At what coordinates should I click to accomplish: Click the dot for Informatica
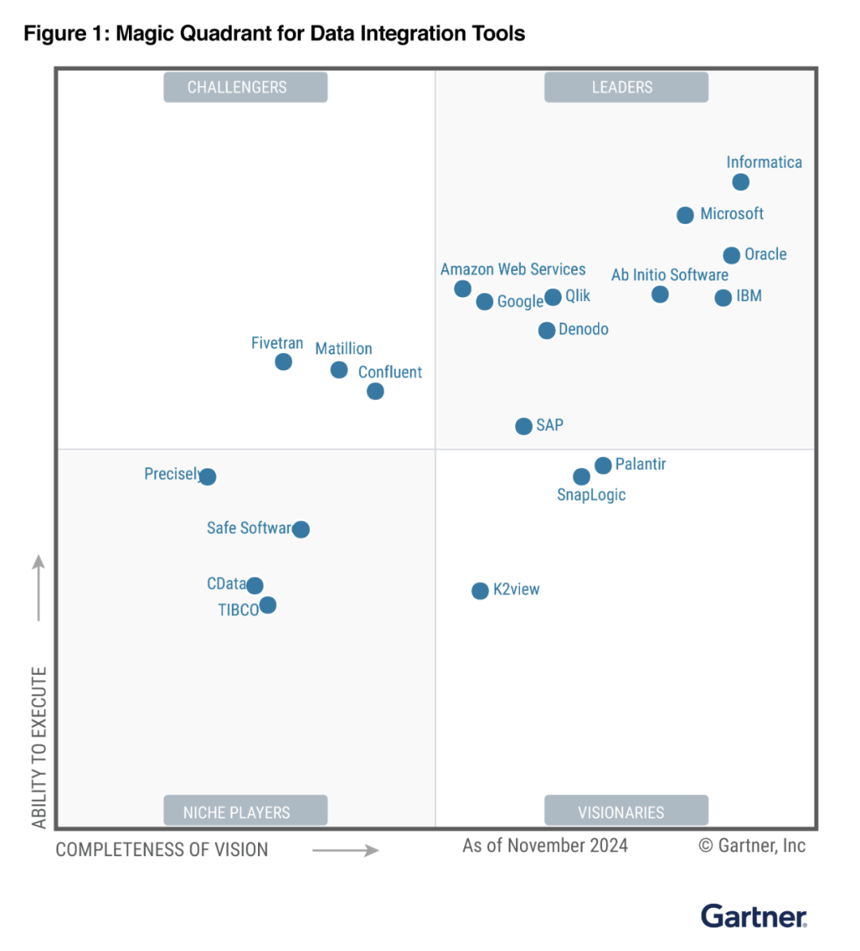pyautogui.click(x=741, y=182)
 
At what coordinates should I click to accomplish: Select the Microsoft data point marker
pyautogui.click(x=685, y=215)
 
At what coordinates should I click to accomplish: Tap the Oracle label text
pyautogui.click(x=765, y=255)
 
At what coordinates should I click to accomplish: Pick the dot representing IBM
pyautogui.click(x=723, y=298)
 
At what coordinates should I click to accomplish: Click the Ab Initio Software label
pyautogui.click(x=670, y=275)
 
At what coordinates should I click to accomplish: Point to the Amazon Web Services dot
pyautogui.click(x=463, y=289)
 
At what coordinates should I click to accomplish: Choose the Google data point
pyautogui.click(x=484, y=302)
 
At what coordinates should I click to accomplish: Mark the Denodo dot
pyautogui.click(x=546, y=331)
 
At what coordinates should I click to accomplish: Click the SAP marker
pyautogui.click(x=523, y=426)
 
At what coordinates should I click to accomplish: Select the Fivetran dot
pyautogui.click(x=283, y=362)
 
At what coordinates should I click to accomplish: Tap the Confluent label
pyautogui.click(x=390, y=372)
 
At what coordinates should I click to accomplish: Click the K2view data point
pyautogui.click(x=480, y=591)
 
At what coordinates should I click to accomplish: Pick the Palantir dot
pyautogui.click(x=603, y=465)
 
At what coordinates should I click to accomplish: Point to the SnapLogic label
pyautogui.click(x=591, y=495)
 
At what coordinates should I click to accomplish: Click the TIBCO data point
pyautogui.click(x=268, y=605)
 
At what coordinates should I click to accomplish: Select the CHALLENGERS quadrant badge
pyautogui.click(x=245, y=88)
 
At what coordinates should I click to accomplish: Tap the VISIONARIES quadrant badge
pyautogui.click(x=626, y=812)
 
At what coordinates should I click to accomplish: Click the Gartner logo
pyautogui.click(x=753, y=916)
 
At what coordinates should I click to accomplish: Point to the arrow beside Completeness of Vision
pyautogui.click(x=345, y=851)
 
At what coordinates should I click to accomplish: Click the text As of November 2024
pyautogui.click(x=545, y=846)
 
